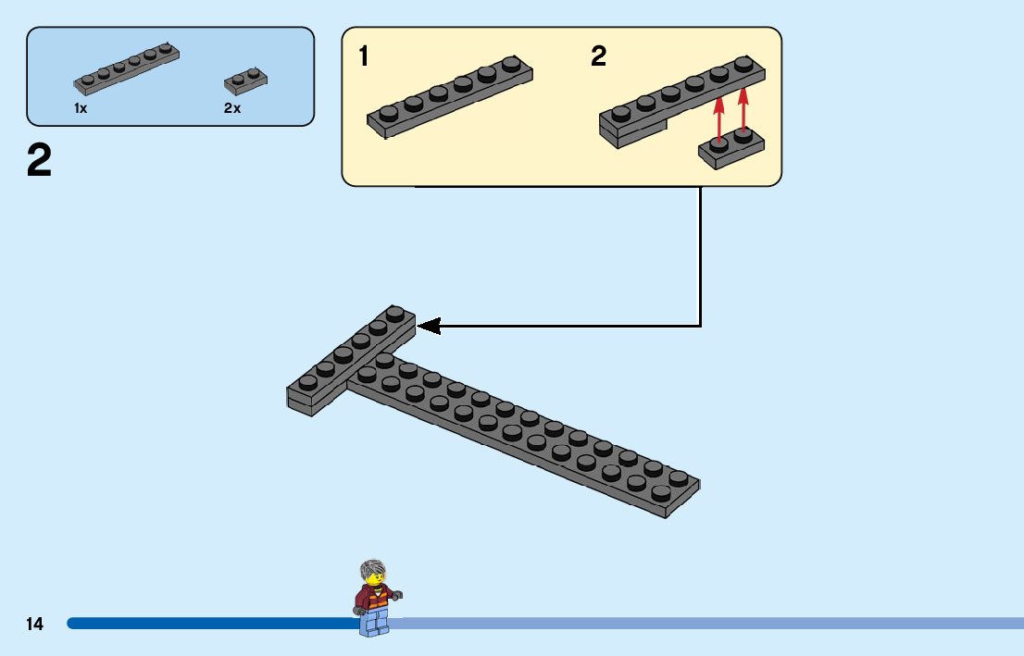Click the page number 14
(34, 625)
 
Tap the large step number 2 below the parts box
(40, 162)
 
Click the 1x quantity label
(81, 108)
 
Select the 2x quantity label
(231, 108)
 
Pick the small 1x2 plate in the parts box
(245, 81)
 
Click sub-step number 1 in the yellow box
(364, 57)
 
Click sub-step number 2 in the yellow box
(598, 57)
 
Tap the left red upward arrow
(718, 116)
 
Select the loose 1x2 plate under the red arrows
(731, 149)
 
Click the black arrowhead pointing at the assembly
(428, 326)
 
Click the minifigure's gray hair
(372, 567)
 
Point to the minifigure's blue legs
(375, 624)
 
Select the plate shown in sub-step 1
(451, 96)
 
